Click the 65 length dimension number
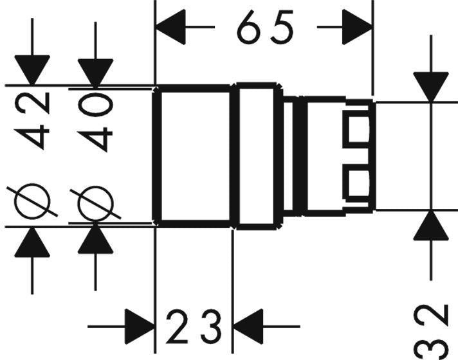(x=265, y=27)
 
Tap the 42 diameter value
(x=32, y=121)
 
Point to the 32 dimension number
(x=432, y=331)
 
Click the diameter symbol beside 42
(x=32, y=201)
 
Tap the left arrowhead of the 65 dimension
(x=170, y=27)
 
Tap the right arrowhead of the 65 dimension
(x=357, y=27)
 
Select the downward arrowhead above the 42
(x=32, y=70)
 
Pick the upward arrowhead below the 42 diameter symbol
(x=32, y=242)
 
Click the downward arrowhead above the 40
(x=95, y=73)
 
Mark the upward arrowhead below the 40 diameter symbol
(x=95, y=239)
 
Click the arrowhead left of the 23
(x=140, y=327)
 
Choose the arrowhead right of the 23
(x=248, y=327)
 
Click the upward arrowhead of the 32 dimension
(x=431, y=226)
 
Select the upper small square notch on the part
(x=359, y=129)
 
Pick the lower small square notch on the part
(x=359, y=184)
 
